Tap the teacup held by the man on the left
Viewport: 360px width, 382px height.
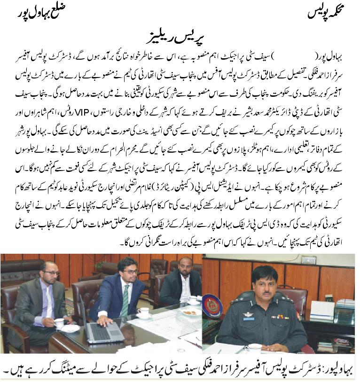point(60,323)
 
